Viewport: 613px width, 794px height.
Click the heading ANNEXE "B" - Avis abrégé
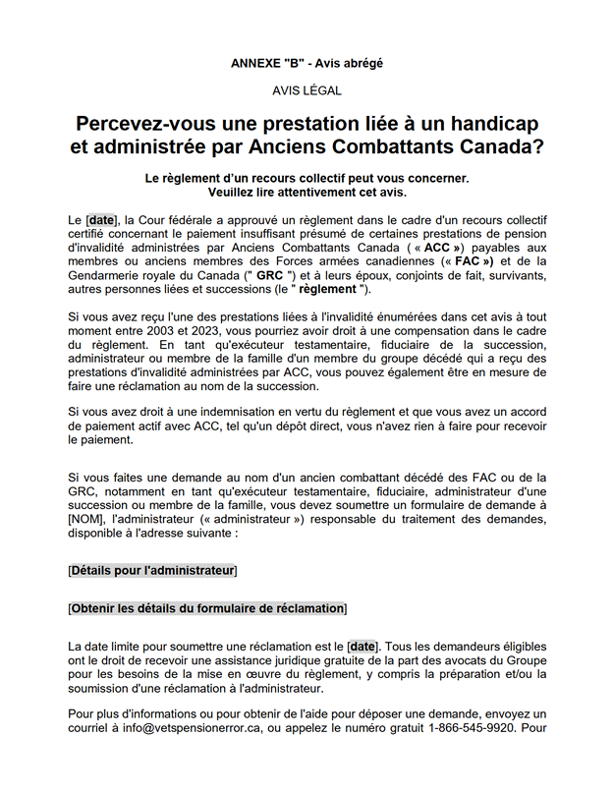[x=306, y=63]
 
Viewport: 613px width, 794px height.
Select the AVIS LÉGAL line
[x=306, y=90]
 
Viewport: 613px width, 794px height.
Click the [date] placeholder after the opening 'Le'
[x=101, y=219]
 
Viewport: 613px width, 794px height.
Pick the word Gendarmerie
[x=109, y=276]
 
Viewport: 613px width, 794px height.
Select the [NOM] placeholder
[x=89, y=521]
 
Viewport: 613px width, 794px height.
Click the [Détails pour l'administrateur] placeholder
[x=152, y=570]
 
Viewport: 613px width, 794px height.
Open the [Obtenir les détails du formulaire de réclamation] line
[x=207, y=608]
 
